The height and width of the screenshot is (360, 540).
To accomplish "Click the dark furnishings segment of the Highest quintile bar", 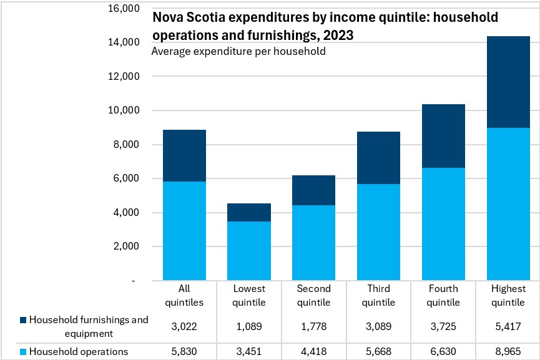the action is pyautogui.click(x=508, y=82).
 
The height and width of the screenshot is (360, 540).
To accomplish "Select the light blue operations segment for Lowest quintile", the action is pyautogui.click(x=249, y=251).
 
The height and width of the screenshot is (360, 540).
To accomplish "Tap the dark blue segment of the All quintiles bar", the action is pyautogui.click(x=184, y=155).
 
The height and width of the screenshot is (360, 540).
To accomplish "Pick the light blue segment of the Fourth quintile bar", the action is pyautogui.click(x=443, y=224).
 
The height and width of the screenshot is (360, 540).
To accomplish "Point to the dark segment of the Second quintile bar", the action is pyautogui.click(x=314, y=190).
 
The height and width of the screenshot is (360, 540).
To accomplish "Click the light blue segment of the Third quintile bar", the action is pyautogui.click(x=378, y=232).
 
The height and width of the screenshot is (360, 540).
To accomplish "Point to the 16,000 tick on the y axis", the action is pyautogui.click(x=124, y=8).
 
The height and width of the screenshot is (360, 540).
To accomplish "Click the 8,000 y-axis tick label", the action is pyautogui.click(x=126, y=144).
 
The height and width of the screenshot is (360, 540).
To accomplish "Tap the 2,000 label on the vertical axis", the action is pyautogui.click(x=126, y=246).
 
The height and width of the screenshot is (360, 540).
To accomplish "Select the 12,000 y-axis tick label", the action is pyautogui.click(x=124, y=76).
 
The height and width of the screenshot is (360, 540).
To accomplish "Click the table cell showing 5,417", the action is pyautogui.click(x=508, y=326).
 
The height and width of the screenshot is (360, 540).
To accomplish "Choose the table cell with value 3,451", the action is pyautogui.click(x=249, y=351).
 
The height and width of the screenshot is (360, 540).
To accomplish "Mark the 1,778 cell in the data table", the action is pyautogui.click(x=314, y=326).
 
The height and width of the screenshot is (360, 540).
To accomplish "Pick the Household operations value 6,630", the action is pyautogui.click(x=443, y=351).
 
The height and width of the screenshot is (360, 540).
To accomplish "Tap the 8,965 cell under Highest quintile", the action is pyautogui.click(x=508, y=351).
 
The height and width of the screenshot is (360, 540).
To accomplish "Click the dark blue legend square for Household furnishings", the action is pyautogui.click(x=23, y=320).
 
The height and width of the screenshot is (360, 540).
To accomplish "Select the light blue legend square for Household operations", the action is pyautogui.click(x=23, y=352).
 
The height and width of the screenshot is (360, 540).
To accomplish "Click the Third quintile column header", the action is pyautogui.click(x=378, y=295).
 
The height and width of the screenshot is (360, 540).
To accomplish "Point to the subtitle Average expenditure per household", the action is pyautogui.click(x=238, y=51).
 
